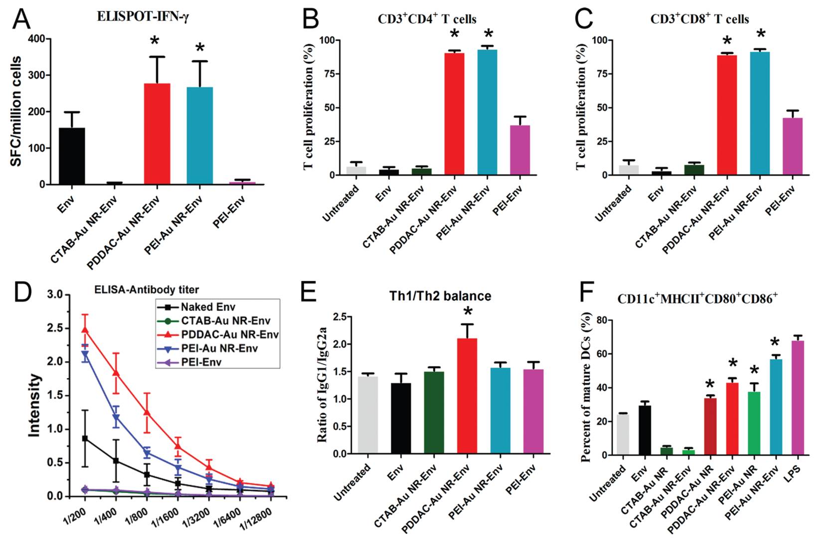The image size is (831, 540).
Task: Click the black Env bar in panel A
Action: coord(72,156)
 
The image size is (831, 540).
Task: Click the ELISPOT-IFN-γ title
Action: coord(143,17)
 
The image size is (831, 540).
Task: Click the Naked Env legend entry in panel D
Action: coord(208,307)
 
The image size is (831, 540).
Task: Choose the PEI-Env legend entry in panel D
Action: coord(201,362)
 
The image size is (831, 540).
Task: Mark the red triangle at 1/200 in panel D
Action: coord(85,329)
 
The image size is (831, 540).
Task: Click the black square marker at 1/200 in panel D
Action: coord(85,438)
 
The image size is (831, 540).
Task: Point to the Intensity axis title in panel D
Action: coord(34,405)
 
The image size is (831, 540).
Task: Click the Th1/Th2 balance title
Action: coord(440,296)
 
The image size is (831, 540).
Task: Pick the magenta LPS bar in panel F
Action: coord(794,398)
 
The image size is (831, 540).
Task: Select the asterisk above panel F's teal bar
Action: coord(774,343)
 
